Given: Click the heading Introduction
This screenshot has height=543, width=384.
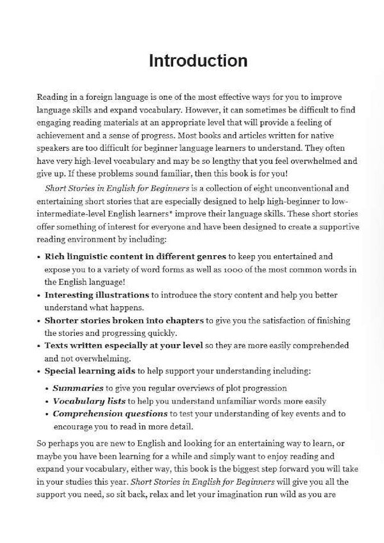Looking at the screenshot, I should pos(198,61).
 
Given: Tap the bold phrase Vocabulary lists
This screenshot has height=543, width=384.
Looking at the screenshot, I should pos(89,401).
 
